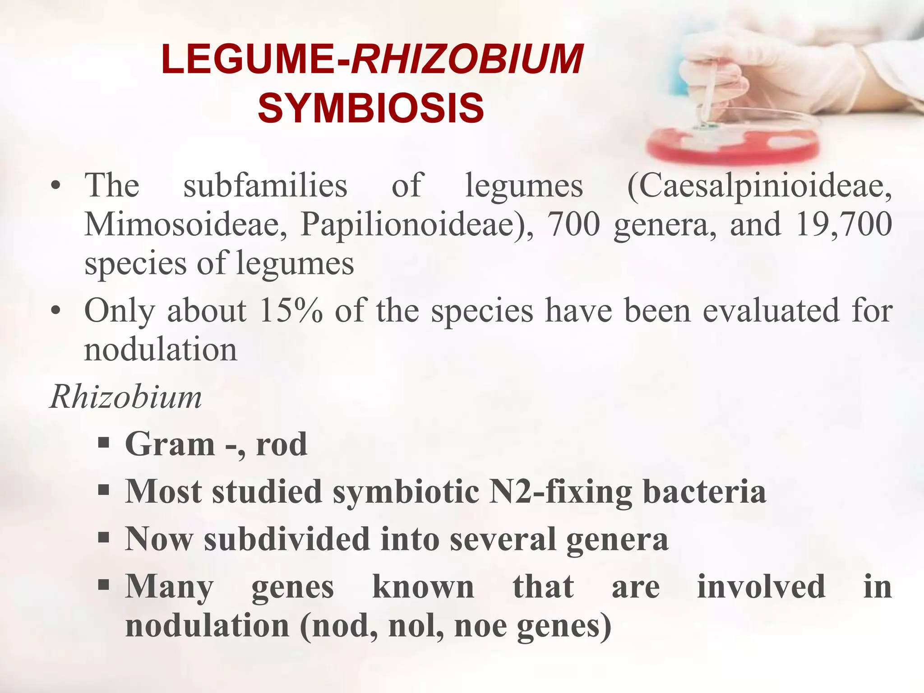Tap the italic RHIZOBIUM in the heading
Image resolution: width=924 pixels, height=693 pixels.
pos(467,60)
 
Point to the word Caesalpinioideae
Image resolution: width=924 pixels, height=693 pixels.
pos(759,186)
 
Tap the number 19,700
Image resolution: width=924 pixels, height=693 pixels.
pos(844,224)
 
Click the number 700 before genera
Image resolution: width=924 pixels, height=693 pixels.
pos(573,224)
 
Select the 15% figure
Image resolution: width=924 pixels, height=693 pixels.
pos(291,310)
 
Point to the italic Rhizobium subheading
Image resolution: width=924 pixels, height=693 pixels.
pos(126,397)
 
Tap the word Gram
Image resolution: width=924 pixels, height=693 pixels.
pos(170,444)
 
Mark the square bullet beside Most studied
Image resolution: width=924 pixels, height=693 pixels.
pos(104,490)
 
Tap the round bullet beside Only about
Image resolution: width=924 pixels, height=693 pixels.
pos(55,311)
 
